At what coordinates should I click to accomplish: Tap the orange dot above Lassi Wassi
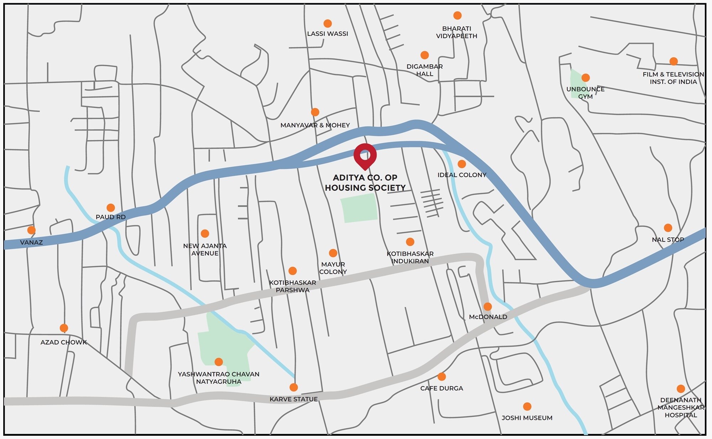(328, 23)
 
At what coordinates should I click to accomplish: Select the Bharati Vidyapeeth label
(457, 32)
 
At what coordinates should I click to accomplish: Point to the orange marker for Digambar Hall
(424, 55)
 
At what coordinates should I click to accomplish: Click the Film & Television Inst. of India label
(673, 78)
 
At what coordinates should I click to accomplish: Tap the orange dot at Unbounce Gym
(586, 78)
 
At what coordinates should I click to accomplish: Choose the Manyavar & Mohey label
(315, 125)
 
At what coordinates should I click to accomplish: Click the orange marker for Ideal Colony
(462, 164)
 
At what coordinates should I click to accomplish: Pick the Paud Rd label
(111, 217)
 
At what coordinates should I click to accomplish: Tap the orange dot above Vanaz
(31, 230)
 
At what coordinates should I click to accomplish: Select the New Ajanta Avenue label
(205, 249)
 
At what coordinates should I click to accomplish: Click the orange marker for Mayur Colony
(333, 253)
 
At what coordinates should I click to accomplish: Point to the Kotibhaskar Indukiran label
(410, 257)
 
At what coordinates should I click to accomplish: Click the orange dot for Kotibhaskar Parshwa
(293, 271)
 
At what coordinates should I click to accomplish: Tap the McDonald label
(488, 317)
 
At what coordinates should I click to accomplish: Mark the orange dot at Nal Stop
(668, 228)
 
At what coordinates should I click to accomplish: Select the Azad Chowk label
(64, 342)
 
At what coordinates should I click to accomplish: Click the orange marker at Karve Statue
(294, 387)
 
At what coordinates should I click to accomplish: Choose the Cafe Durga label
(441, 388)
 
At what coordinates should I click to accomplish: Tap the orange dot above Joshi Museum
(527, 406)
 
